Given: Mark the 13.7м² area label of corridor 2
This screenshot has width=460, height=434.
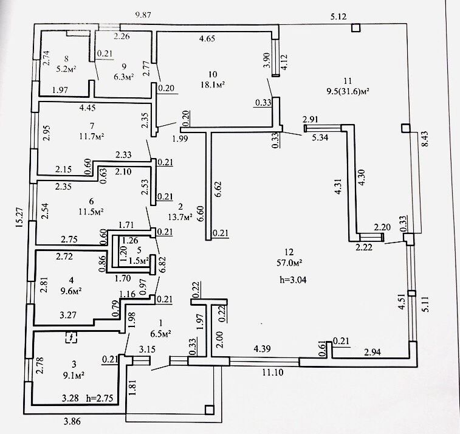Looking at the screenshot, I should [x=180, y=215].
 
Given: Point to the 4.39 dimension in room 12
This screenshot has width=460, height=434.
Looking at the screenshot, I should [x=263, y=349].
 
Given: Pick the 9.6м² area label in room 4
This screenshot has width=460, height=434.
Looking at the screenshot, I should [x=71, y=291].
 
